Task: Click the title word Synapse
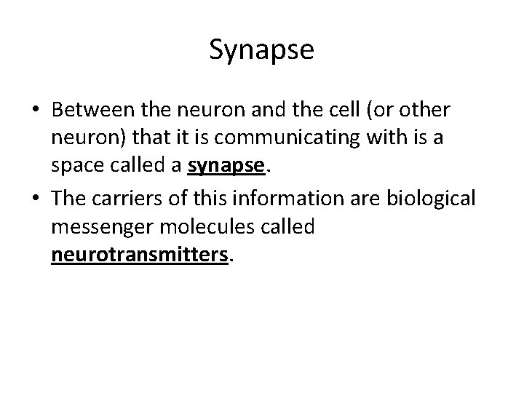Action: click(x=261, y=50)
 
